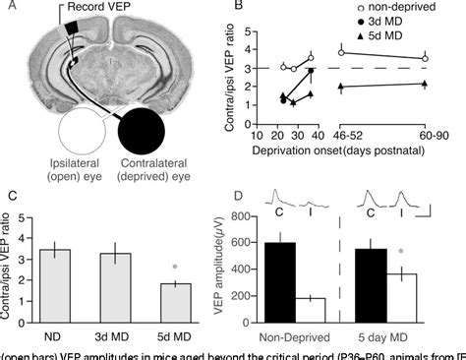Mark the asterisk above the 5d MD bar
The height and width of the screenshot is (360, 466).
coord(174,266)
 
